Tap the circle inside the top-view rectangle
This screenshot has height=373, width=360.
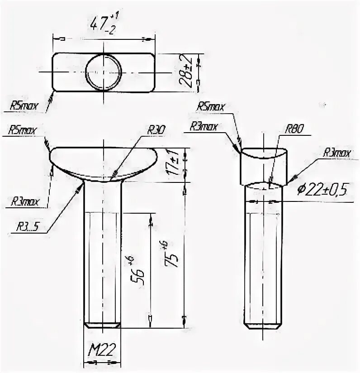pyautogui.click(x=104, y=72)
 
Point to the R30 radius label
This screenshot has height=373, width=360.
pyautogui.click(x=156, y=130)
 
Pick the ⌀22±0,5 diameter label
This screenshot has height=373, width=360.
pyautogui.click(x=321, y=190)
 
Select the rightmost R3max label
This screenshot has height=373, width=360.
pyautogui.click(x=336, y=153)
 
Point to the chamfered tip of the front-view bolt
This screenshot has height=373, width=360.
pyautogui.click(x=102, y=325)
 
